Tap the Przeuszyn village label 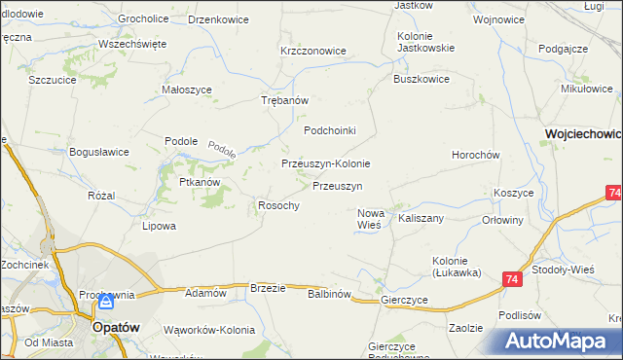point(338,186)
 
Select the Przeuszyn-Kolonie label point(325,164)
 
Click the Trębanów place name point(285,100)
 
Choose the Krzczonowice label point(313,51)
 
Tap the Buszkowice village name point(421,80)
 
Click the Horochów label point(475,156)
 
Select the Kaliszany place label point(421,219)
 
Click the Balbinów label point(329,293)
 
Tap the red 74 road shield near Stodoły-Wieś point(512,280)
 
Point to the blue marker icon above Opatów point(106,303)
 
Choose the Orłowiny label point(503,220)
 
